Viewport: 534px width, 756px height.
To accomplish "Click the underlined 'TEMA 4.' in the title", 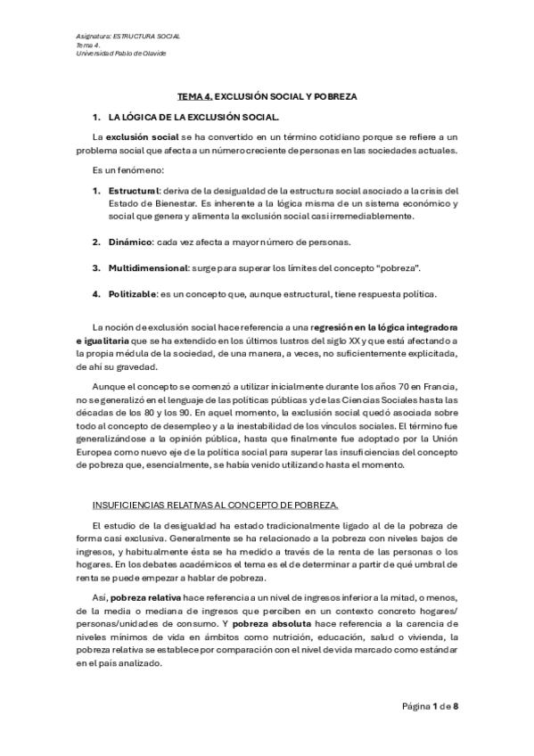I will (x=196, y=96).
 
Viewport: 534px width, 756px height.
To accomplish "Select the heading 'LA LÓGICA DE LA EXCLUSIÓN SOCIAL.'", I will (x=193, y=118).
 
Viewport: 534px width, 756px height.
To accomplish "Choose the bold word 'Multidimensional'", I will (x=148, y=268).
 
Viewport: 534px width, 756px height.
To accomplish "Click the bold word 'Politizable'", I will (x=133, y=294).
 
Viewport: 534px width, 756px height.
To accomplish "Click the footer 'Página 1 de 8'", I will (x=430, y=707).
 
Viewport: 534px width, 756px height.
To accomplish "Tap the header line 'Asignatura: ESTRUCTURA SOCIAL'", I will (x=128, y=35).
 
